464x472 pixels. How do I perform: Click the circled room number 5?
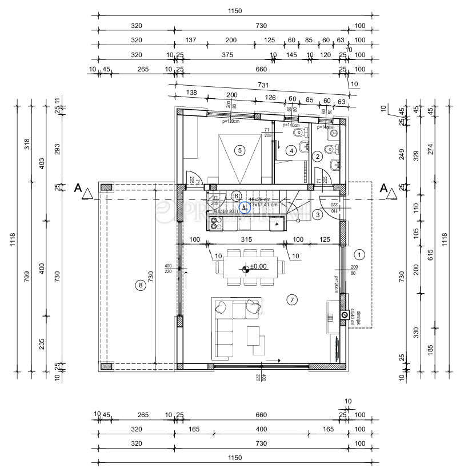coord(239,150)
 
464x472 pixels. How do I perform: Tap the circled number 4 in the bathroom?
coord(291,151)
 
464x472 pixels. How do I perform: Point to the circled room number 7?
coord(291,299)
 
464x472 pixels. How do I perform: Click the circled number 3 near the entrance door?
coord(317,215)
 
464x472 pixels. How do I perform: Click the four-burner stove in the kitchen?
coord(216,224)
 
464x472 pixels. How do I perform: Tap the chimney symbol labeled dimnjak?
coord(345,315)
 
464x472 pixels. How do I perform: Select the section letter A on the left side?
coord(78,188)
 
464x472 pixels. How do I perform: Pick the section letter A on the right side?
coord(383,188)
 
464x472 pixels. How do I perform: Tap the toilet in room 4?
coord(297,133)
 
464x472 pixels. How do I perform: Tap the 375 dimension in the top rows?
coord(227,55)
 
